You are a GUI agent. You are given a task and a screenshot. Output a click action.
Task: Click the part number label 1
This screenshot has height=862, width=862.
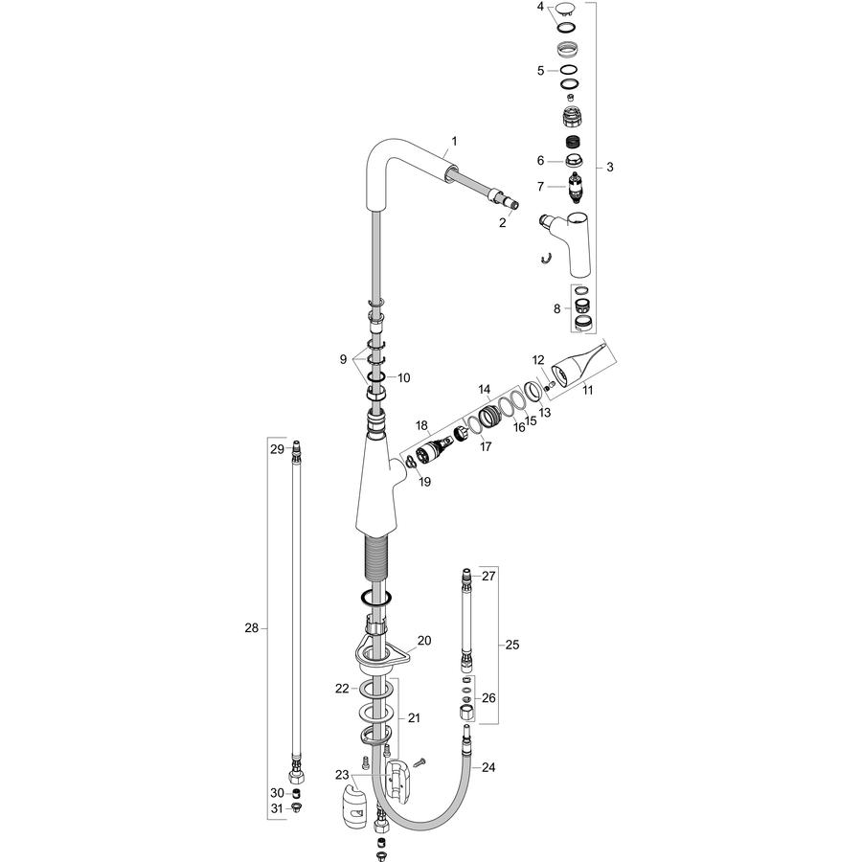[454, 142]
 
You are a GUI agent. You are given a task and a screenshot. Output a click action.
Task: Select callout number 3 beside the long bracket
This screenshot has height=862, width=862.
[610, 167]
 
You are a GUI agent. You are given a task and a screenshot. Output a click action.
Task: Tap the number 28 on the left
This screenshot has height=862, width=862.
[251, 627]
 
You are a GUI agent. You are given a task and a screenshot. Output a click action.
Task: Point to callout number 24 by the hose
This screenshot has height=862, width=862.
[488, 767]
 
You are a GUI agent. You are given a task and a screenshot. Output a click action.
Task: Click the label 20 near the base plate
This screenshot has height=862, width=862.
[424, 641]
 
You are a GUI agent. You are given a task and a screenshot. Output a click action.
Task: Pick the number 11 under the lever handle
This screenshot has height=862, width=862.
[588, 390]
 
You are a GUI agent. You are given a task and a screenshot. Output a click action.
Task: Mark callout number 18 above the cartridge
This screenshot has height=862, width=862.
[421, 425]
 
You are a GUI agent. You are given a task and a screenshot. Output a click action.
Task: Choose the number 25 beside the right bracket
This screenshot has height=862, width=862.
[511, 645]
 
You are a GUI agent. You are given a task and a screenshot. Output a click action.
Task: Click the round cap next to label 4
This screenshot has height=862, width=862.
[567, 10]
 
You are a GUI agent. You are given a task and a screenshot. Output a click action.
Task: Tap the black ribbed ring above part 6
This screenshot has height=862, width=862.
[574, 141]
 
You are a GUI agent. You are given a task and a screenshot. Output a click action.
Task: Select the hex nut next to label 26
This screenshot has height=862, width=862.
[466, 713]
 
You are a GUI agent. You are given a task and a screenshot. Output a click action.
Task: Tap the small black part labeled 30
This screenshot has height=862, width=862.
[296, 793]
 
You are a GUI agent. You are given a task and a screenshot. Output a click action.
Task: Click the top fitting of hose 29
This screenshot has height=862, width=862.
[296, 447]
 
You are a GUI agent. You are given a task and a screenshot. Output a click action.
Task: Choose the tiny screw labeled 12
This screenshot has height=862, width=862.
[548, 387]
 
